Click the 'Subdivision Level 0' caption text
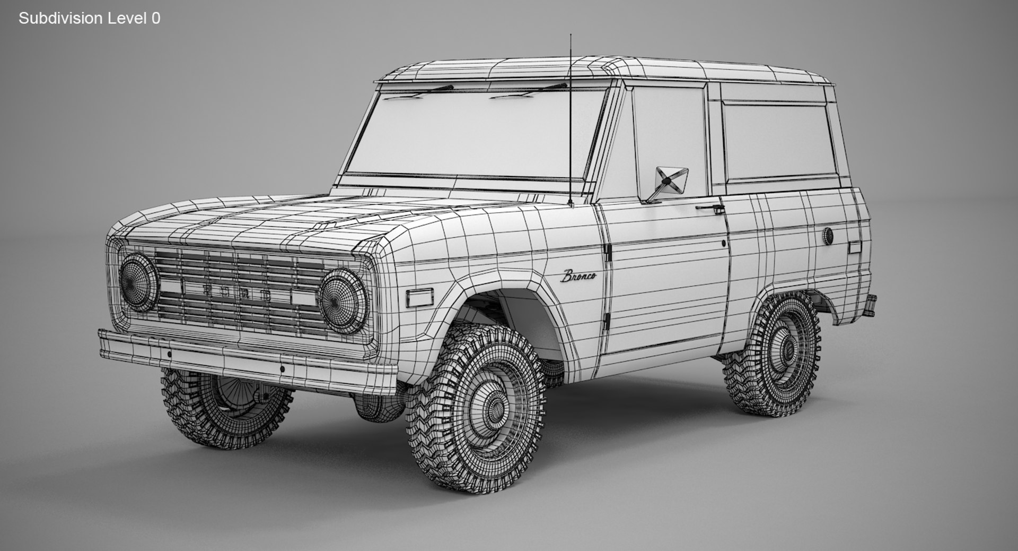pyautogui.click(x=89, y=19)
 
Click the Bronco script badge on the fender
pyautogui.click(x=578, y=276)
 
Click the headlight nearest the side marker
pyautogui.click(x=343, y=301)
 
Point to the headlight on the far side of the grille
pyautogui.click(x=138, y=282)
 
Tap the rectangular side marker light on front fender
pyautogui.click(x=419, y=298)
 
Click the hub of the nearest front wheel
pyautogui.click(x=495, y=408)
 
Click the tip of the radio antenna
pyautogui.click(x=571, y=36)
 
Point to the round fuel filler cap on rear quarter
pyautogui.click(x=828, y=236)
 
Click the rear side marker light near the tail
pyautogui.click(x=854, y=247)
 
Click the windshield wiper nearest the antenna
pyautogui.click(x=530, y=91)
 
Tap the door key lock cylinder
pyautogui.click(x=724, y=244)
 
